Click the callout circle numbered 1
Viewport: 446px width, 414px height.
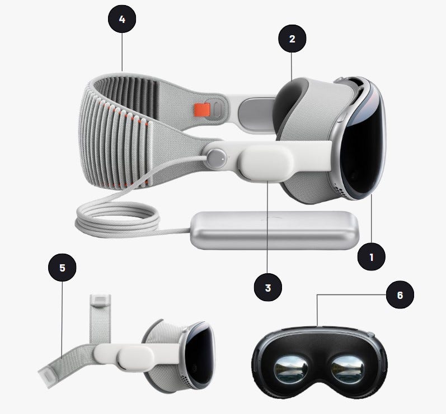click(x=371, y=256)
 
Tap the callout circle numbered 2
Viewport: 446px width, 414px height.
click(x=292, y=39)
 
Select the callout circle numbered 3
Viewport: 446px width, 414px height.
click(x=268, y=287)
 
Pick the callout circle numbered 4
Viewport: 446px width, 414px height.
click(x=122, y=19)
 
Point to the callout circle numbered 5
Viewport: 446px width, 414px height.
click(x=62, y=268)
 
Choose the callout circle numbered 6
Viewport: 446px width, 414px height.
click(x=400, y=295)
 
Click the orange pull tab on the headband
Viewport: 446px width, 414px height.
click(x=202, y=110)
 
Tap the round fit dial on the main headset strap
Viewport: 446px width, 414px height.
click(x=217, y=159)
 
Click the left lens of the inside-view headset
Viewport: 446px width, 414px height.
click(x=290, y=370)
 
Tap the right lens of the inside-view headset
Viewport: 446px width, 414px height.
click(x=348, y=370)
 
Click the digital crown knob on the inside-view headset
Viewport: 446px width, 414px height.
click(x=370, y=335)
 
